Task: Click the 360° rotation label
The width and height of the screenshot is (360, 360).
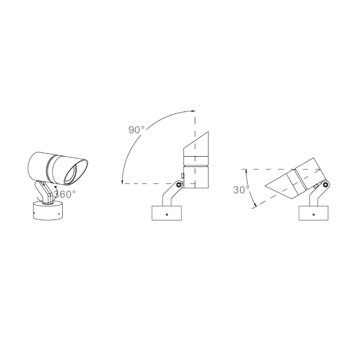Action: pos(64,194)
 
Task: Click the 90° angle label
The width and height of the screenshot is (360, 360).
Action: pos(136,130)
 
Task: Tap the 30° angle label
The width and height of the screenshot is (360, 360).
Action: pos(241,190)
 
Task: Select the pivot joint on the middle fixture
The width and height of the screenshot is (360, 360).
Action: pos(179,184)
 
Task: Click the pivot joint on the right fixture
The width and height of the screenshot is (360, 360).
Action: pos(325,184)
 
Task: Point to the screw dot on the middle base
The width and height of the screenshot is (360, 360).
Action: pos(167,215)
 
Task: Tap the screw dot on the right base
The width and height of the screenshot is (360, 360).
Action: pos(314,215)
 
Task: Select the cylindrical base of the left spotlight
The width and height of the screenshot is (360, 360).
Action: pos(48,210)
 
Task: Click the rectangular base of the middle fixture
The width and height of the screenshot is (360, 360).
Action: pos(166,213)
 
